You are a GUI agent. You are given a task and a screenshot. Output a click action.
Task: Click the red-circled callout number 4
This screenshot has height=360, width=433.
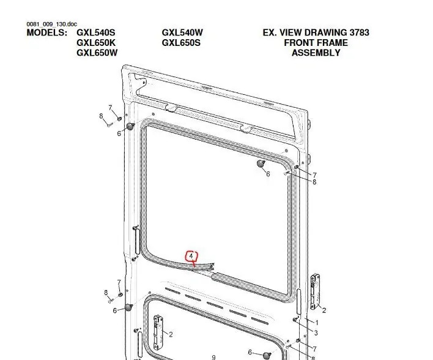191,257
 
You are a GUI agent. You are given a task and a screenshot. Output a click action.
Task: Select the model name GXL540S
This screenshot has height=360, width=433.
96,32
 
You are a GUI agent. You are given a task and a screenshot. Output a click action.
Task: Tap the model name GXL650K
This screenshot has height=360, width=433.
96,43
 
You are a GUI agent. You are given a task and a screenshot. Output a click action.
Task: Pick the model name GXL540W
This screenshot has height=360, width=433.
182,32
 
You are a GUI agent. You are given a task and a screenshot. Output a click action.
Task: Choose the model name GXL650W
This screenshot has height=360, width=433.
97,53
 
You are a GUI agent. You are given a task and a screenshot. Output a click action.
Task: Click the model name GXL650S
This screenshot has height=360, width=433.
181,43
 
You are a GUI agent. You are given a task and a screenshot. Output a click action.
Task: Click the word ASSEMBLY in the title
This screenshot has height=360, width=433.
316,53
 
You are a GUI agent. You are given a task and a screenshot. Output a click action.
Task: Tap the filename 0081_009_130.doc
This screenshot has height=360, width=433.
51,24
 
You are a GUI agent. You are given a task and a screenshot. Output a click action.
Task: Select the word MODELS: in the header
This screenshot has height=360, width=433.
46,32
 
